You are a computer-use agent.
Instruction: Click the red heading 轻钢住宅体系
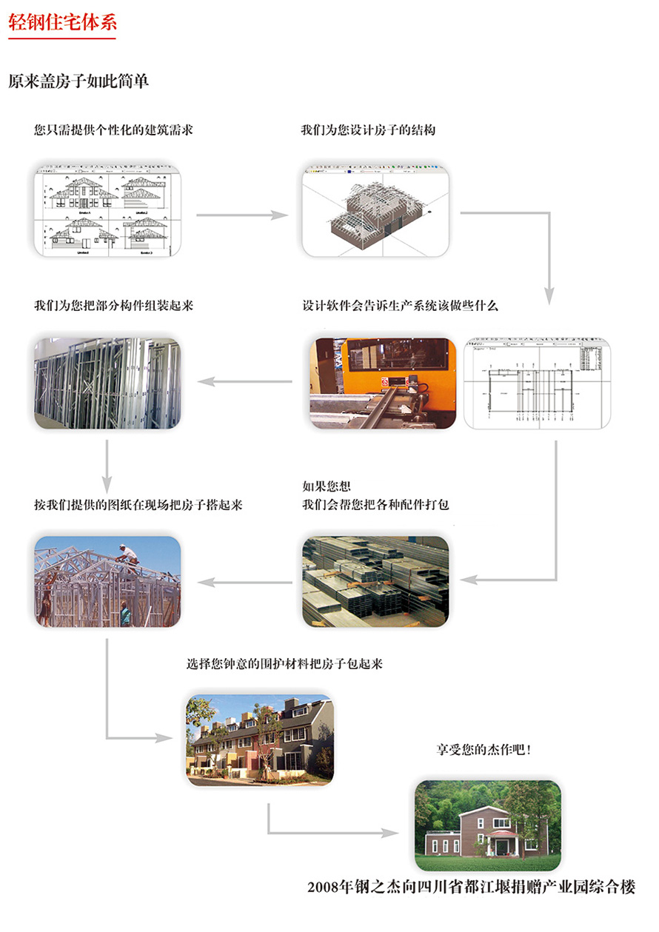pyautogui.click(x=62, y=21)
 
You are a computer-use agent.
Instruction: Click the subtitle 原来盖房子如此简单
pyautogui.click(x=78, y=81)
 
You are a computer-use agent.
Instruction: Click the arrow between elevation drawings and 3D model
pyautogui.click(x=241, y=215)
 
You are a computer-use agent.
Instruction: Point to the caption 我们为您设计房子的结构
pyautogui.click(x=368, y=130)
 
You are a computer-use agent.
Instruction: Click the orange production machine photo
pyautogui.click(x=383, y=383)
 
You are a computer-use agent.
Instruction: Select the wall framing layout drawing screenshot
pyautogui.click(x=536, y=383)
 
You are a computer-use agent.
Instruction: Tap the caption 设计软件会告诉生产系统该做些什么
pyautogui.click(x=401, y=306)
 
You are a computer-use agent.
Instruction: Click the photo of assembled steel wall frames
pyautogui.click(x=108, y=383)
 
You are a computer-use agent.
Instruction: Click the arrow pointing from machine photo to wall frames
pyautogui.click(x=244, y=382)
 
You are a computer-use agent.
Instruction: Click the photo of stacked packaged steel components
pyautogui.click(x=375, y=582)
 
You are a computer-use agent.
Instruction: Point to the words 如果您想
pyautogui.click(x=327, y=486)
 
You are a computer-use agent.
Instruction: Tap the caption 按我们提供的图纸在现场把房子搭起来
pyautogui.click(x=138, y=506)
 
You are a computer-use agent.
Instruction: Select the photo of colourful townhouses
pyautogui.click(x=259, y=740)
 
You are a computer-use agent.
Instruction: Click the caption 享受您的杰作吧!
pyautogui.click(x=484, y=750)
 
